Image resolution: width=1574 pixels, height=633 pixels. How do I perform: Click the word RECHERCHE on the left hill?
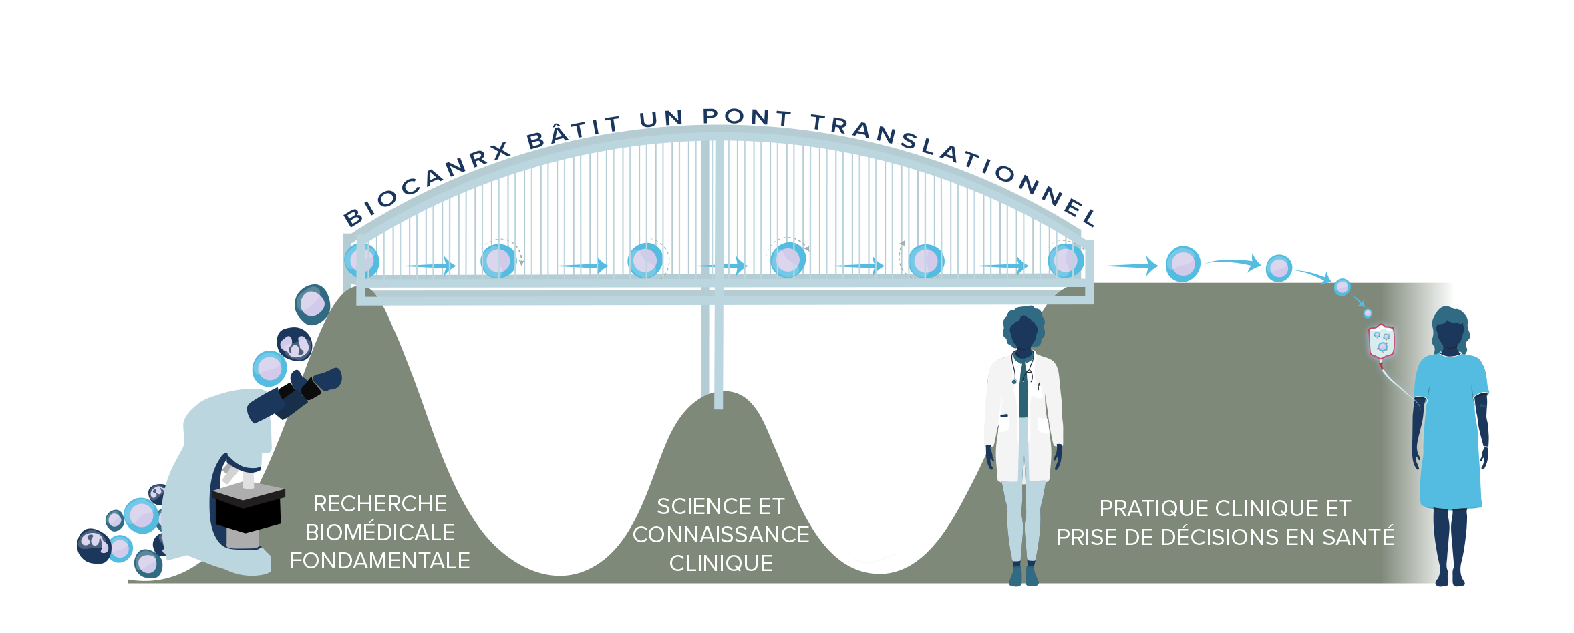tap(379, 504)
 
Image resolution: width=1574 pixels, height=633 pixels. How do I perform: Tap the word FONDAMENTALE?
tap(379, 561)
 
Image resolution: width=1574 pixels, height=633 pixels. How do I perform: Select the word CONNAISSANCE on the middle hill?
tap(721, 535)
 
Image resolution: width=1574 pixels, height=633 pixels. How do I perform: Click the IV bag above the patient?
tap(1382, 342)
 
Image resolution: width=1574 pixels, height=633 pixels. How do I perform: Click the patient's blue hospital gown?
tap(1451, 434)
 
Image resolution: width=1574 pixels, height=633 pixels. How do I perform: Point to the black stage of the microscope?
tap(249, 511)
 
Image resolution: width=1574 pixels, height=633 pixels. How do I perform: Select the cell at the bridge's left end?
tap(361, 260)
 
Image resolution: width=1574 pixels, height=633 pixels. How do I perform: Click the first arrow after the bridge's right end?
tap(1130, 266)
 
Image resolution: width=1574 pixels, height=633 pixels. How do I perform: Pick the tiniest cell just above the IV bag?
tap(1368, 313)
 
